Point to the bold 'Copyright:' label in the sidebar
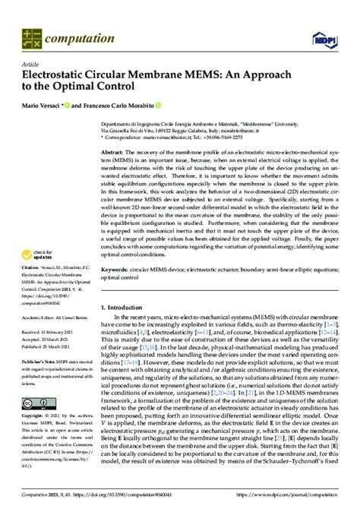pyautogui.click(x=33, y=418)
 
